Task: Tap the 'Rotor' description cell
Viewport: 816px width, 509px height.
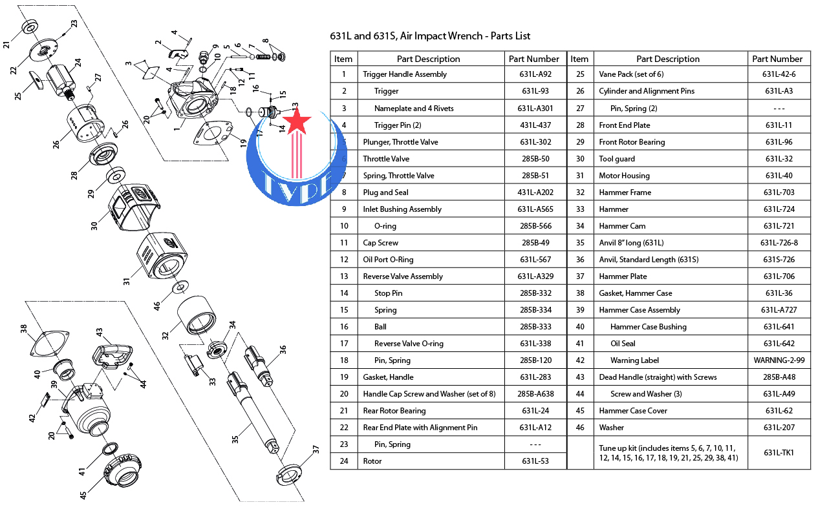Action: (x=372, y=461)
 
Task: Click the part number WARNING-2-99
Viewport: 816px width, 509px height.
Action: (x=779, y=360)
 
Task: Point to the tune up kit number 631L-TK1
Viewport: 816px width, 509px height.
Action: (x=779, y=453)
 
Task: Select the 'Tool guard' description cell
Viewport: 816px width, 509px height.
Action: (x=617, y=159)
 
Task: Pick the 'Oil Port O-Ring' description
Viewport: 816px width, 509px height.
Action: (x=388, y=260)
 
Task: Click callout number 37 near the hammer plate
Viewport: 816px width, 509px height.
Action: (x=316, y=450)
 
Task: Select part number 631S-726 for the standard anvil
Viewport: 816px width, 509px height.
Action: (x=779, y=260)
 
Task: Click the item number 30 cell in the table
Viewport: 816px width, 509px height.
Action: (x=579, y=159)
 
